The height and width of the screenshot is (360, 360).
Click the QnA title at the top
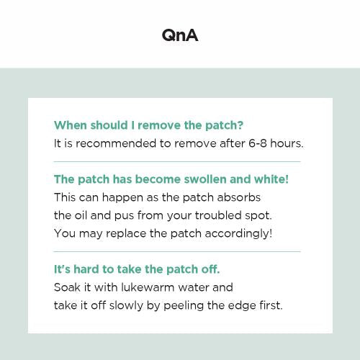(x=180, y=35)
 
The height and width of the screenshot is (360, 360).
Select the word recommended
(x=116, y=143)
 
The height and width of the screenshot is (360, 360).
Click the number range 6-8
(x=258, y=143)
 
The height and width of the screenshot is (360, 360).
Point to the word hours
(x=287, y=143)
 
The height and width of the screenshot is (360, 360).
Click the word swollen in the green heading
(x=204, y=179)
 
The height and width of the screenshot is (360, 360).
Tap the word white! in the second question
(x=271, y=179)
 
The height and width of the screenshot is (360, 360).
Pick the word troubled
(x=218, y=215)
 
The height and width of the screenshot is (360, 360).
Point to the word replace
(x=126, y=233)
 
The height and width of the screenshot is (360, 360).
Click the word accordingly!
(x=238, y=234)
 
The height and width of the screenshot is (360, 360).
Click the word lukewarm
(x=148, y=287)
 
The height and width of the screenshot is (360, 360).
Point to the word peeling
(x=184, y=306)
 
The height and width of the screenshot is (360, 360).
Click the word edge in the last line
(x=242, y=306)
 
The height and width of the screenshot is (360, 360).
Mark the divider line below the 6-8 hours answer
(x=177, y=162)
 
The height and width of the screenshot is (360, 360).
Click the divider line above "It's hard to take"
(x=177, y=252)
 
